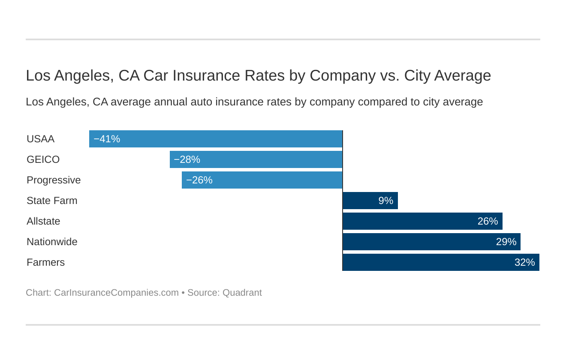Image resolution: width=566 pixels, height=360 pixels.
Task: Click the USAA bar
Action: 216,139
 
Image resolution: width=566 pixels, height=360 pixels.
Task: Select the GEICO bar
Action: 256,159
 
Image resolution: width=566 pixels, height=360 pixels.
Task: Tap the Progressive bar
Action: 262,180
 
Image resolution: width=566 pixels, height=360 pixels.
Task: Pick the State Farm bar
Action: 370,201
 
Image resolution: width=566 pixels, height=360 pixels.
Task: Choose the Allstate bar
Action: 422,221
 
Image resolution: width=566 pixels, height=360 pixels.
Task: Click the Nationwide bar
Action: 431,242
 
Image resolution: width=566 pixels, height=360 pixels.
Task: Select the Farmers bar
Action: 441,262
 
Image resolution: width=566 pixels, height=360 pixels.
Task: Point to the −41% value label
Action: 107,139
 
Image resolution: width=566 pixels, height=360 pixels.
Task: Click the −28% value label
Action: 187,159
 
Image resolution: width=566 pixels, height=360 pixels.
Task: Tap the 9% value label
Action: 385,201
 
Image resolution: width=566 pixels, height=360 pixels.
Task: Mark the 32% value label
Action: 524,262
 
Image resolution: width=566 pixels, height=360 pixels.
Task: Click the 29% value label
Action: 506,242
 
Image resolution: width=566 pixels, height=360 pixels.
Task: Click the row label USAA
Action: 40,139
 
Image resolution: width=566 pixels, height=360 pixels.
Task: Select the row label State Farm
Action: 52,201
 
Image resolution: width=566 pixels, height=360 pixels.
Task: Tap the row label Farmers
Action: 45,262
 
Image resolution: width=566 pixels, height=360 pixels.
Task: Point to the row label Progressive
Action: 54,180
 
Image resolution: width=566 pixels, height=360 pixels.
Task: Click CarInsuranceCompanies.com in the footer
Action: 116,293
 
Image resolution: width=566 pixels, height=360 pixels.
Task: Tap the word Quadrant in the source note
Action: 242,293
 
